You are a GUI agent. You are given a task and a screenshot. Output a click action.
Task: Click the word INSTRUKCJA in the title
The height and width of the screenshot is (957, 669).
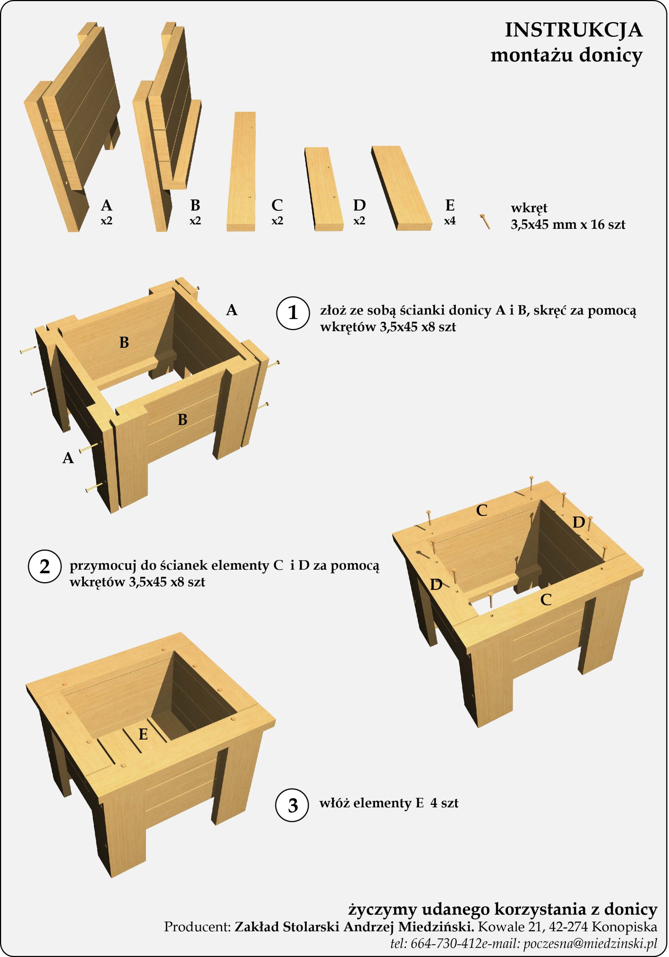point(574,30)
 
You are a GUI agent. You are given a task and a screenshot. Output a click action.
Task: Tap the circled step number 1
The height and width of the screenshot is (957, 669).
point(293,313)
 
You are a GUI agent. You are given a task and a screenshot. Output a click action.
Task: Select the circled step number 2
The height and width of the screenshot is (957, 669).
point(45,566)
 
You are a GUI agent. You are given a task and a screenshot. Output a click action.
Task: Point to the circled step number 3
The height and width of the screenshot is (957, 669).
point(292,805)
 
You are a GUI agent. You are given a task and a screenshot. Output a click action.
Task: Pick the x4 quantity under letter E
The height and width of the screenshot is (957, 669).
point(450,221)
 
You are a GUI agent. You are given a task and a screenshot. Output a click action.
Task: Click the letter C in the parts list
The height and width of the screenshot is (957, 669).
point(277,205)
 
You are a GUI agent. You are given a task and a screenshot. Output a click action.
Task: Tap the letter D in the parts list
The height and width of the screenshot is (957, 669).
point(359,205)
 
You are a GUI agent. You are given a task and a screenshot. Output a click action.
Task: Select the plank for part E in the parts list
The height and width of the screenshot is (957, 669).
point(401,188)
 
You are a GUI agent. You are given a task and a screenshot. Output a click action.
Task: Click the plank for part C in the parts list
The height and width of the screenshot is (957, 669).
point(241,171)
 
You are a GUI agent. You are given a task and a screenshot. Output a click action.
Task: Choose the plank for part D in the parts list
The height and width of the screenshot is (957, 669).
point(324,189)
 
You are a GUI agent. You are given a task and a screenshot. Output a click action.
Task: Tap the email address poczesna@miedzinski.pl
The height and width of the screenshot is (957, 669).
point(590,943)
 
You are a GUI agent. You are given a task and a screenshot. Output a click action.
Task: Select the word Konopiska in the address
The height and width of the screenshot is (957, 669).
point(624,927)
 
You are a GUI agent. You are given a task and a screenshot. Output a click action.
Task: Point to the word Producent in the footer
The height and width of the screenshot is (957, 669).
point(197,927)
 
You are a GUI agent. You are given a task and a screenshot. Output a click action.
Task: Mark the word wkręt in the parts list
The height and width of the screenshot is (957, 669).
point(529,208)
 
